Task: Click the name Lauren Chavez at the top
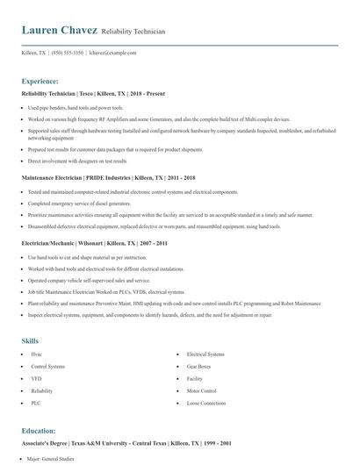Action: [58, 31]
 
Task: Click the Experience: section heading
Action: [40, 79]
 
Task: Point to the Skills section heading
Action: [30, 340]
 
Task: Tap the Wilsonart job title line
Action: [90, 241]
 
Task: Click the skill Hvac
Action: [36, 354]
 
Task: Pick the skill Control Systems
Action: [47, 366]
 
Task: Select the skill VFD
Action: [36, 378]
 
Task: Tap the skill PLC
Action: [36, 403]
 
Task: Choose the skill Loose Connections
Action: [208, 403]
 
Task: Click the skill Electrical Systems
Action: [207, 354]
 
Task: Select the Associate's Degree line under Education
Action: [128, 445]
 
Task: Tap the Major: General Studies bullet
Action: [54, 458]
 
